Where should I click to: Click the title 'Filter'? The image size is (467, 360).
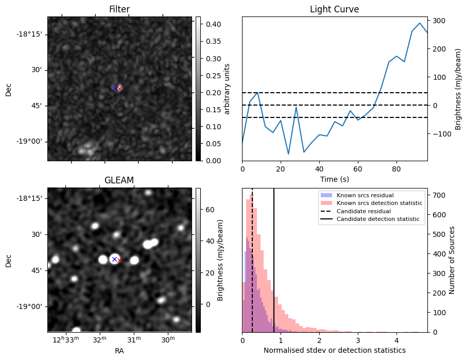tap(119, 9)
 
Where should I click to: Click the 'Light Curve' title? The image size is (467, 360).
tap(334, 9)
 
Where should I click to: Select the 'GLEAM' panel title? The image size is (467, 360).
tap(119, 180)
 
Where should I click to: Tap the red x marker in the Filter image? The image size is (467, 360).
tap(119, 89)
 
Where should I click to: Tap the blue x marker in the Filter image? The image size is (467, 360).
tap(114, 88)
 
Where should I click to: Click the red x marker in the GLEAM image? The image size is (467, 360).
tap(119, 261)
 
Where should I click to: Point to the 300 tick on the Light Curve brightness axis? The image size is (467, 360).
tap(439, 21)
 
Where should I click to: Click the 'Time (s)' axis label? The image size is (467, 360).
tap(334, 178)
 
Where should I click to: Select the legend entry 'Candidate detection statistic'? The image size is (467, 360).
tap(378, 219)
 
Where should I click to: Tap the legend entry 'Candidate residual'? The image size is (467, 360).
tap(363, 212)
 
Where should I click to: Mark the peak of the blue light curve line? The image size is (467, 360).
tap(420, 23)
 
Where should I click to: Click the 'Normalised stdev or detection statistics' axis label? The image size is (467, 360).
tap(334, 350)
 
